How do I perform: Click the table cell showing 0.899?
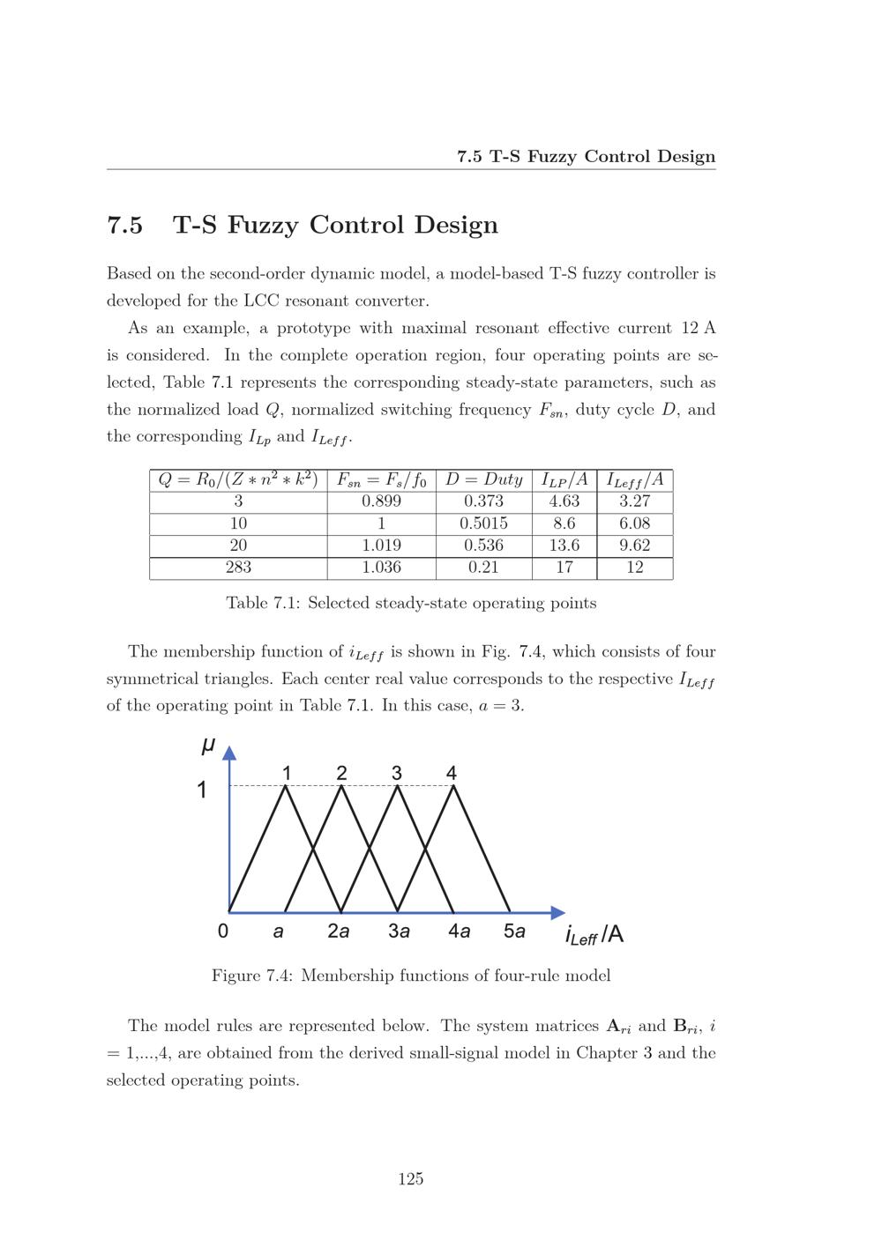click(x=381, y=501)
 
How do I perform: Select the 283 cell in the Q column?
click(x=238, y=568)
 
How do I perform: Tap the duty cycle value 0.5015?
click(x=483, y=523)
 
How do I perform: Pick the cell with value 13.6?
click(x=564, y=546)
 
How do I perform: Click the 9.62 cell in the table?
click(x=634, y=546)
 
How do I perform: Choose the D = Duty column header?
click(x=483, y=479)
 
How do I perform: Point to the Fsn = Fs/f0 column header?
click(x=381, y=480)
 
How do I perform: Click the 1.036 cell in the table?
click(x=381, y=568)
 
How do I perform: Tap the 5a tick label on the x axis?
click(x=514, y=932)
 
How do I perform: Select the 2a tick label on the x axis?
click(x=339, y=932)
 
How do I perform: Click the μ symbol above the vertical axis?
click(x=208, y=746)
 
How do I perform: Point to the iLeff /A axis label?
click(x=594, y=935)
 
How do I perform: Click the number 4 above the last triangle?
click(x=452, y=773)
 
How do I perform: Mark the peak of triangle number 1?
click(x=285, y=786)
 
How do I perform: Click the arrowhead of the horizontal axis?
click(x=557, y=912)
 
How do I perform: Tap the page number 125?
click(x=411, y=1179)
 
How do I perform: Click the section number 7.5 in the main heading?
click(x=124, y=226)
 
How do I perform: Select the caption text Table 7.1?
click(x=259, y=604)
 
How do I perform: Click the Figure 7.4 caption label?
click(x=251, y=976)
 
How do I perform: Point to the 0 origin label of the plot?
click(x=222, y=932)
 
